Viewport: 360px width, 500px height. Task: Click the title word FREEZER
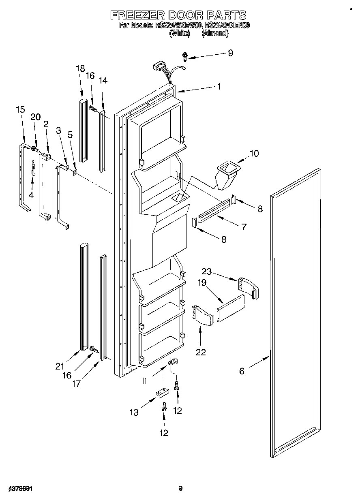tap(137, 15)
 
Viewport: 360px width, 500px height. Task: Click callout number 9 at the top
tap(230, 53)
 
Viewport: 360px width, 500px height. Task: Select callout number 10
tap(254, 154)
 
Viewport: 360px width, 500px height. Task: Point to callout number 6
tap(242, 371)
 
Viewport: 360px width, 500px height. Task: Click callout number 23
tap(207, 272)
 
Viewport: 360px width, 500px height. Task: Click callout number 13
tap(134, 412)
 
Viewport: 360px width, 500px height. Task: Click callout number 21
tap(60, 366)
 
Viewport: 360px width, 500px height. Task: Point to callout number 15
tap(20, 109)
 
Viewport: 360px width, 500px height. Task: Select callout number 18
tap(79, 68)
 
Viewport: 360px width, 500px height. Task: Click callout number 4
tap(31, 194)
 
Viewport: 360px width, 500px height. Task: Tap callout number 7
tap(244, 227)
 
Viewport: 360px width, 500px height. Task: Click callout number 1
tap(219, 86)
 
